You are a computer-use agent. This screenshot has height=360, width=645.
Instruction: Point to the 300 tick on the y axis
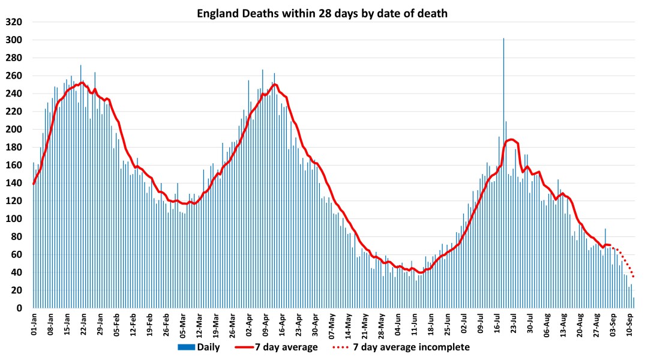(x=14, y=40)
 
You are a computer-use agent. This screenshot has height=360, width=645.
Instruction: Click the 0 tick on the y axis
(x=19, y=308)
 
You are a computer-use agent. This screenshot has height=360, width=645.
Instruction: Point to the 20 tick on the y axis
(x=17, y=290)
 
